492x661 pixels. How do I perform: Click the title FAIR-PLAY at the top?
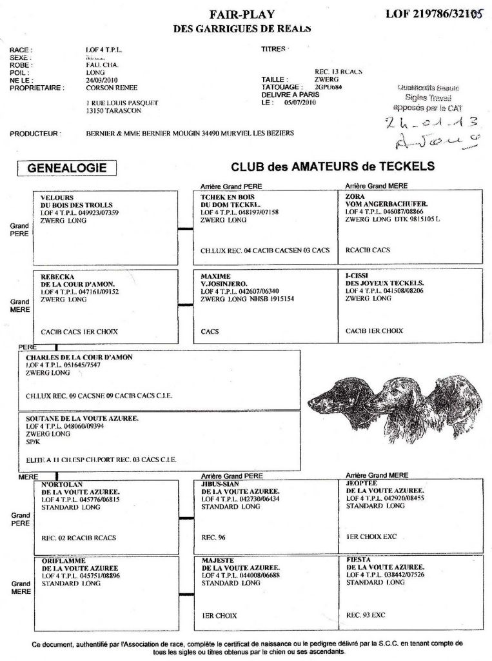point(242,14)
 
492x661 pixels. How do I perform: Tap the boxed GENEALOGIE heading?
point(67,168)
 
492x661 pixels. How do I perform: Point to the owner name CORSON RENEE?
point(112,88)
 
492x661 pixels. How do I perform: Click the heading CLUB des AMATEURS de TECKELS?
point(333,167)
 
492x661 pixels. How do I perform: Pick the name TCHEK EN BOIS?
point(227,197)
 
